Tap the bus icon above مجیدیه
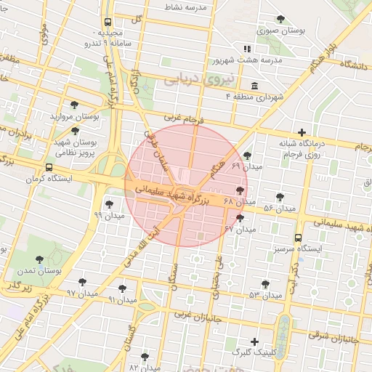pyautogui.click(x=108, y=23)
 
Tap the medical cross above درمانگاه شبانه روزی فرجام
pyautogui.click(x=302, y=132)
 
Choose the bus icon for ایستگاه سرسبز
pyautogui.click(x=298, y=238)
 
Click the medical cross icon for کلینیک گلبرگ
pyautogui.click(x=254, y=341)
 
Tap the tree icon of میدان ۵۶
pyautogui.click(x=280, y=197)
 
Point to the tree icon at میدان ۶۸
pyautogui.click(x=240, y=190)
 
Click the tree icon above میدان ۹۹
pyautogui.click(x=109, y=204)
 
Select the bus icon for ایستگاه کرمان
pyautogui.click(x=49, y=166)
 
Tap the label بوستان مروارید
pyautogui.click(x=74, y=116)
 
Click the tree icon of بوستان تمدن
pyautogui.click(x=39, y=259)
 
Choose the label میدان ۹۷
pyautogui.click(x=81, y=293)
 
